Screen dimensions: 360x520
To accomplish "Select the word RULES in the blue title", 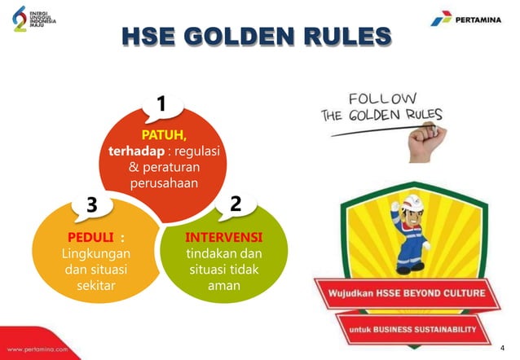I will click(x=348, y=36).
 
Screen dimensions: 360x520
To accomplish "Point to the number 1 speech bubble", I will click(x=161, y=105).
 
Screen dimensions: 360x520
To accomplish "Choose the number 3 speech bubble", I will click(x=91, y=205).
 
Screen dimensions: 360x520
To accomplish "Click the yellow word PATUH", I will click(x=164, y=134).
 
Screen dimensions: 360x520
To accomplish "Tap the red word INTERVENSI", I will click(x=223, y=237).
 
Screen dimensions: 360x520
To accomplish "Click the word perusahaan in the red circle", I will click(x=164, y=183).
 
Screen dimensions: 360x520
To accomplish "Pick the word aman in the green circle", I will click(x=223, y=286).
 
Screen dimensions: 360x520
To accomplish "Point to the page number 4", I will click(x=502, y=346).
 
